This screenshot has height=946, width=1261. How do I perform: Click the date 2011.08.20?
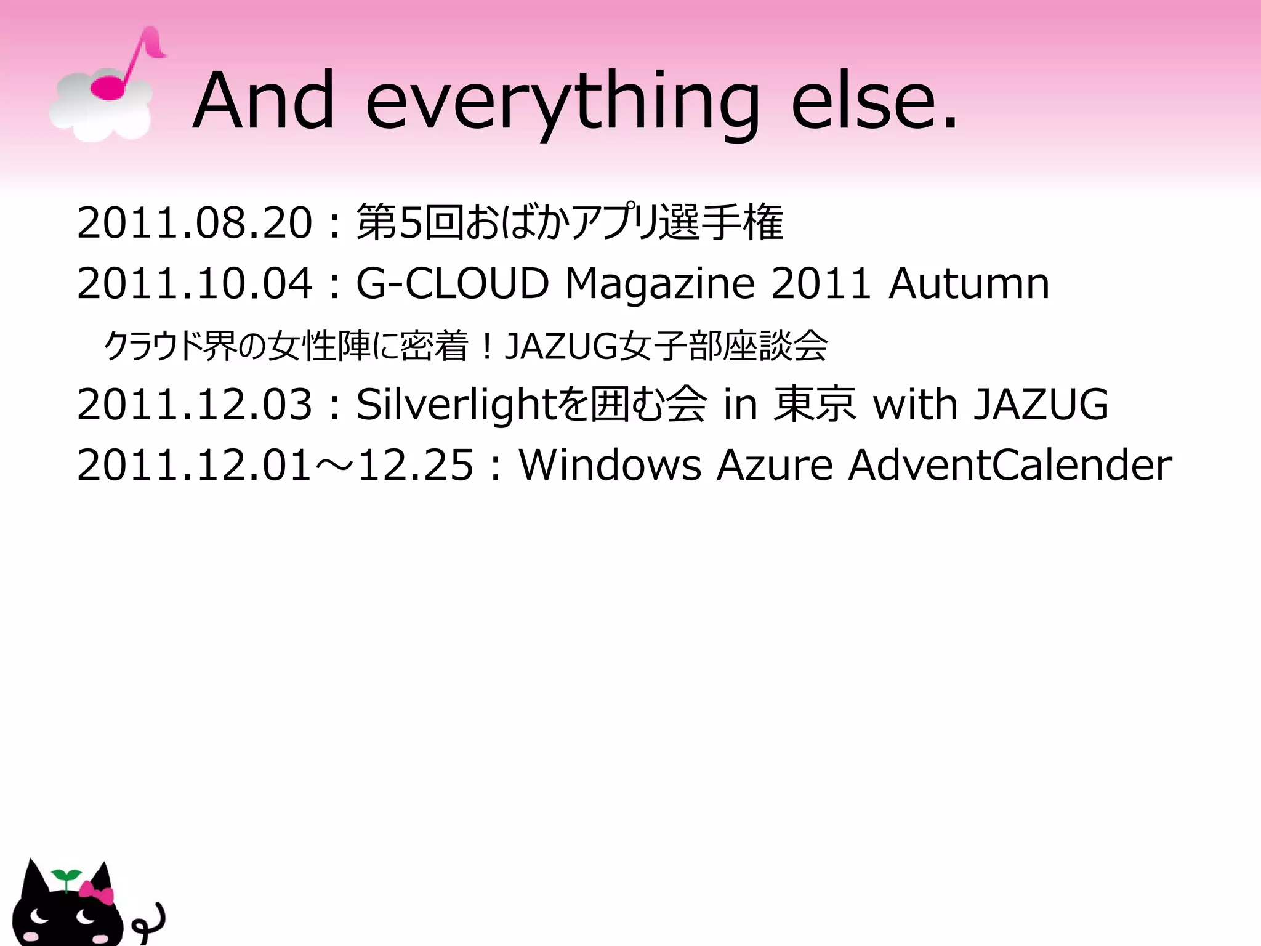(195, 223)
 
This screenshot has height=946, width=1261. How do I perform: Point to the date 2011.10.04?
(195, 284)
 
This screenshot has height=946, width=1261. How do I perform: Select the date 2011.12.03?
(195, 405)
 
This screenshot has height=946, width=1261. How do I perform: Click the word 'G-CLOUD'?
(452, 284)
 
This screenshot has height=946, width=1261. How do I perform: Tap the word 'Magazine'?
(659, 284)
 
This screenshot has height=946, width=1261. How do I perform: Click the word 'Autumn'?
(969, 284)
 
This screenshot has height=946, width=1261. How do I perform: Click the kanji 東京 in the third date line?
(814, 405)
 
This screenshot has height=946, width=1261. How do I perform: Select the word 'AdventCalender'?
(1010, 465)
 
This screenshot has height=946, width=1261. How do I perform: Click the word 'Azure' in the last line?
(775, 465)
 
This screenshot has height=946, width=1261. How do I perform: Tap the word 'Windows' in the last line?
(610, 465)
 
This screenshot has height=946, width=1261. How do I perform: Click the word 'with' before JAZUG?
(915, 405)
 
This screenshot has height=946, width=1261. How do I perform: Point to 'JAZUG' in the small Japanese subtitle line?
(561, 346)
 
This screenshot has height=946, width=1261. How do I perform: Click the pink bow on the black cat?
(97, 892)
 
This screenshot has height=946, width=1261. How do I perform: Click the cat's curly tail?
(151, 922)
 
